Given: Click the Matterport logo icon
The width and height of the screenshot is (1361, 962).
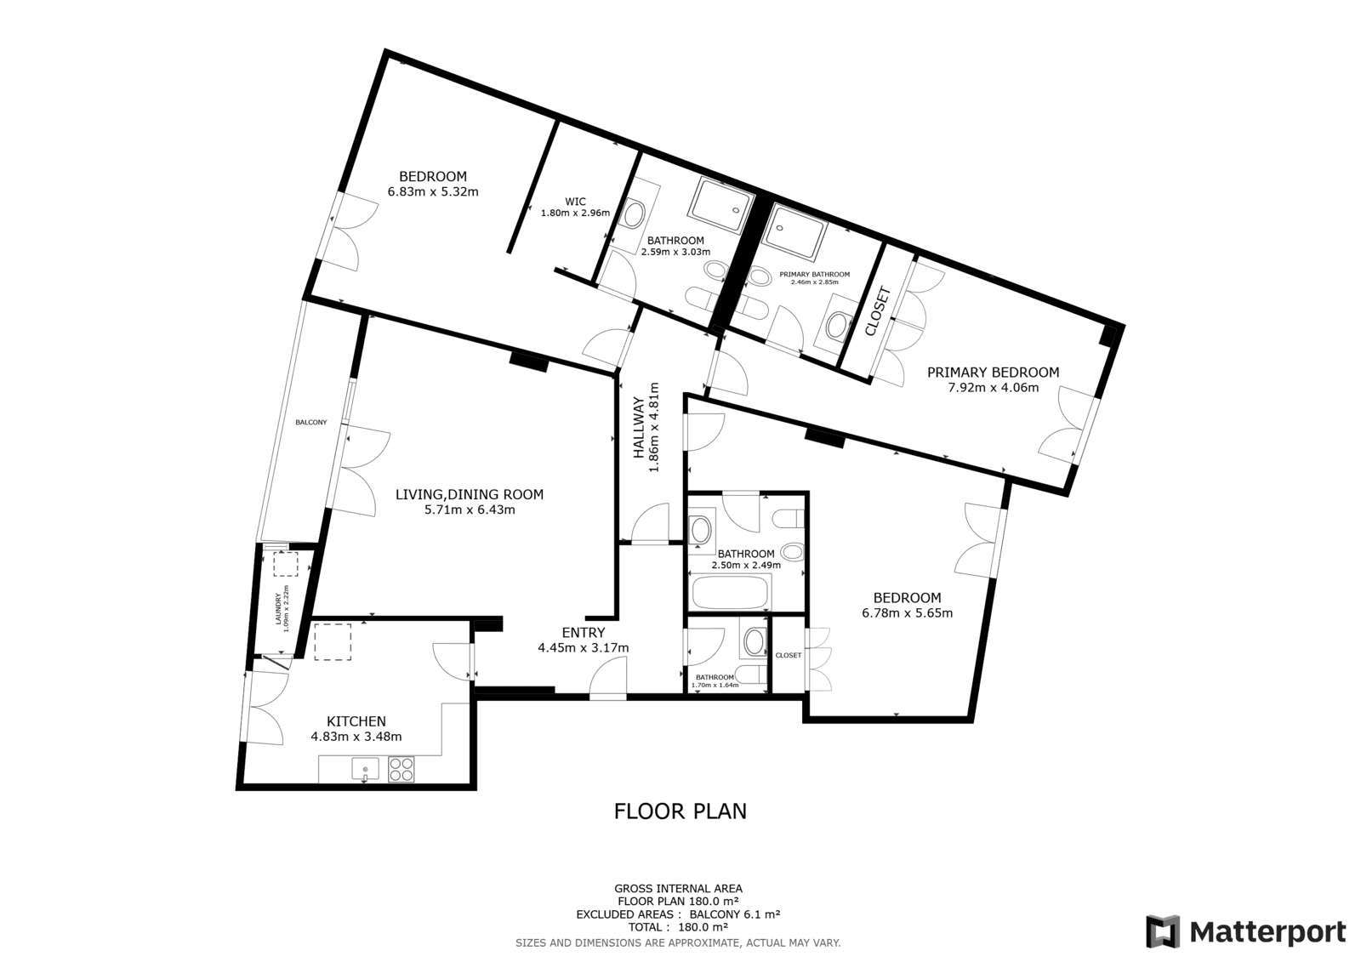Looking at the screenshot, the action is [x=1162, y=931].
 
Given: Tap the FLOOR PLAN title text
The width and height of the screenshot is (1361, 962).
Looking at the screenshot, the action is [x=680, y=811].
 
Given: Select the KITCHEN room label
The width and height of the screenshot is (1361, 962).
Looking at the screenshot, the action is [x=356, y=721].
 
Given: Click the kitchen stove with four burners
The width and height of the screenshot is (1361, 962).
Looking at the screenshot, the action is [x=401, y=769].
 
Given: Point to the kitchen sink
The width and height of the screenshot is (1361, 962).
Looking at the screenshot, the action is [x=365, y=769].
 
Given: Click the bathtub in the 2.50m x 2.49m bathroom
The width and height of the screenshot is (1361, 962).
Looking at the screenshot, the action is [x=731, y=592].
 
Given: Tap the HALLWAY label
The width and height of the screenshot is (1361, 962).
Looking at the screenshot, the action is [x=639, y=427].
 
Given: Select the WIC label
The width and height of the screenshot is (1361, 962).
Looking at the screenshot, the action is [x=575, y=202].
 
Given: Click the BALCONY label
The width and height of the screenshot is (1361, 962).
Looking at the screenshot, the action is [x=311, y=423].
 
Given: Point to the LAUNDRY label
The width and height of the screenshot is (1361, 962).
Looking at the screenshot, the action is [x=279, y=609].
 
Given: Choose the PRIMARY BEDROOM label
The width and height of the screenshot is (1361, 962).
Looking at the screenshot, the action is [x=993, y=373].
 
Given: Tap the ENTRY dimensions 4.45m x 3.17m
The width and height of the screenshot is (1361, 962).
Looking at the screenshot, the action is [x=584, y=648].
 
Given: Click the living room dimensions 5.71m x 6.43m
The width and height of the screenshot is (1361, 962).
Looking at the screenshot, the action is [x=470, y=509].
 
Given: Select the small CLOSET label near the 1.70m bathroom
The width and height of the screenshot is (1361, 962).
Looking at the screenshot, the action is [x=789, y=655].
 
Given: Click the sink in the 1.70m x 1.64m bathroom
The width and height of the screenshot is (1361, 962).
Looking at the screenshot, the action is [x=755, y=641].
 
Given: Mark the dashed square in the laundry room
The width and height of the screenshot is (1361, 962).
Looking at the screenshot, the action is [x=286, y=564].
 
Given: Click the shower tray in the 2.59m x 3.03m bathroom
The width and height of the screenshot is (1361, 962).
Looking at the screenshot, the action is [x=721, y=205].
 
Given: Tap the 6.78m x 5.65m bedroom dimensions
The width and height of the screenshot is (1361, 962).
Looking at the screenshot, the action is [x=907, y=613].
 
